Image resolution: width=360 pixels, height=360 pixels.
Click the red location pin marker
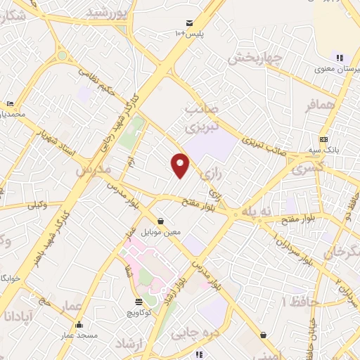coord(181,165)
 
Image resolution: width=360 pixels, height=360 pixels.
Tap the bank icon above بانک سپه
coord(323,140)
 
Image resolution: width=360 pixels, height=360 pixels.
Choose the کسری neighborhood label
coord(307,169)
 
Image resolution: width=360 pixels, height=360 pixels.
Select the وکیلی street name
coord(37,205)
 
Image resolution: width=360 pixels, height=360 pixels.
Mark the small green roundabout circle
coord(63,54)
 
